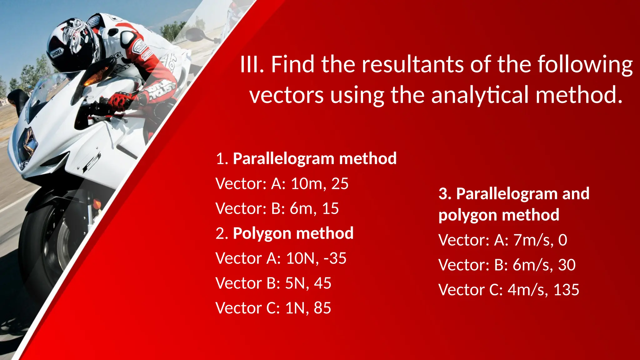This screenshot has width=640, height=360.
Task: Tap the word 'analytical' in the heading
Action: click(x=480, y=95)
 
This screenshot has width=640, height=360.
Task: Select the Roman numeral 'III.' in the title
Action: click(x=252, y=64)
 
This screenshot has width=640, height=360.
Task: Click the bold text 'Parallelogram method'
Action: click(x=315, y=158)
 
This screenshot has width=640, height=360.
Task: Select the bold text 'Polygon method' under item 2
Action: click(x=293, y=233)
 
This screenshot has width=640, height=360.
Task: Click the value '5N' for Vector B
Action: click(x=295, y=283)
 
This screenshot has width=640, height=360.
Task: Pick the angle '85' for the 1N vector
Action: click(x=322, y=308)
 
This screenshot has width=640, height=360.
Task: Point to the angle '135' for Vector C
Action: click(x=566, y=290)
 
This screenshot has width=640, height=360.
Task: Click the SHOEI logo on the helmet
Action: click(x=57, y=53)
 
